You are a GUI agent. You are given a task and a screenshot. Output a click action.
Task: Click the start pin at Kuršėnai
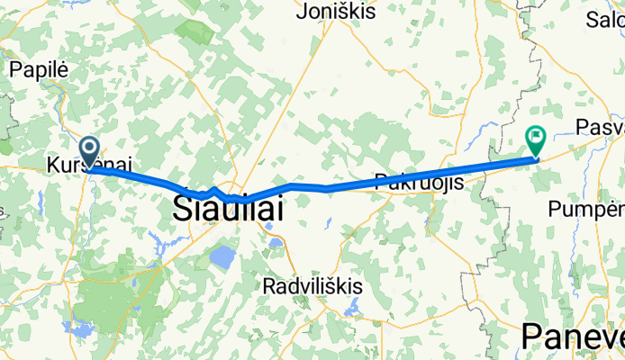90,150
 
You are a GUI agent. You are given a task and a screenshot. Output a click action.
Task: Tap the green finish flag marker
536,139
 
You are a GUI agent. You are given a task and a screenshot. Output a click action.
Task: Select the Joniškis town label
333,13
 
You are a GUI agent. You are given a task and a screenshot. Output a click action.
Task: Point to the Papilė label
33,67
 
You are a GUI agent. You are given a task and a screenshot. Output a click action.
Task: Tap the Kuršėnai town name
89,165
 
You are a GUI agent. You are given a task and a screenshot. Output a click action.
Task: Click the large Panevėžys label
572,337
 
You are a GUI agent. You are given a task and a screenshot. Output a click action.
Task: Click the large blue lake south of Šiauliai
222,259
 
